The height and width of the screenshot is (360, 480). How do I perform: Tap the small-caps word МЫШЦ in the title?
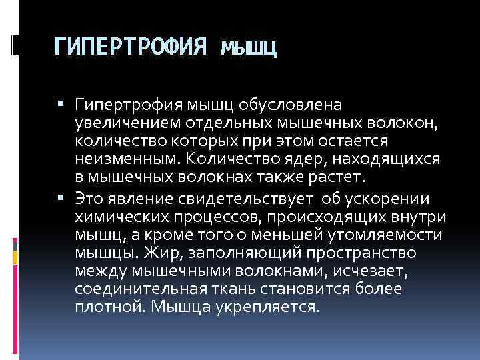(x=248, y=48)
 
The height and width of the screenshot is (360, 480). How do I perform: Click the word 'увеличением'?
(x=122, y=123)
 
